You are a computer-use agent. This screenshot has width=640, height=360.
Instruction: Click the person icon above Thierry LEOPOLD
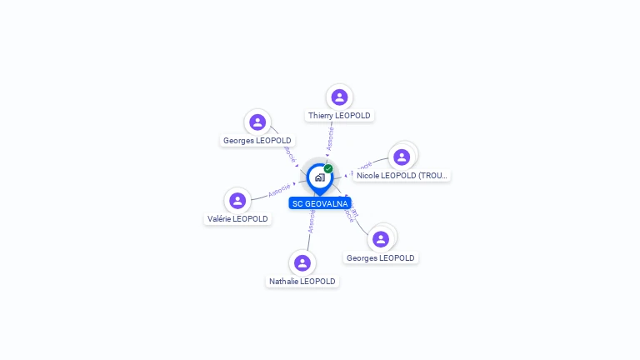338,97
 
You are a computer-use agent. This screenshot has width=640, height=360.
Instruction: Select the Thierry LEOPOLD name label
339,116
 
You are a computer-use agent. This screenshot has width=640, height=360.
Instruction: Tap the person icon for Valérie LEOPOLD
237,200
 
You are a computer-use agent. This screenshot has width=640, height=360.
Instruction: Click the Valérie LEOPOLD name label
237,219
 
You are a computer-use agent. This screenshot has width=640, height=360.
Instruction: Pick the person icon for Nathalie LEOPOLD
302,262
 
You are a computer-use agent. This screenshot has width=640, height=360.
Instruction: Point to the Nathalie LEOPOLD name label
302,282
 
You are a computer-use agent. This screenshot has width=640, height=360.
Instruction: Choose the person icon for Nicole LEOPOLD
402,157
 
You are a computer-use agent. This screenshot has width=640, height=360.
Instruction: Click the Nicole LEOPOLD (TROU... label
402,176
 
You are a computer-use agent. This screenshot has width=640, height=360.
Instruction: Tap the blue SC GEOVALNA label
320,203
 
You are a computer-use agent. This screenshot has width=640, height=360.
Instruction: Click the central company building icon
319,177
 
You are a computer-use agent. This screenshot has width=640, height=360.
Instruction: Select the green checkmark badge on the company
328,168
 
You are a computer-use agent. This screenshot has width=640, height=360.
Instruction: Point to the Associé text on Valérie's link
280,192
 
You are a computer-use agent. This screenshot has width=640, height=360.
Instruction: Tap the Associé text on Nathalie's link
312,221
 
